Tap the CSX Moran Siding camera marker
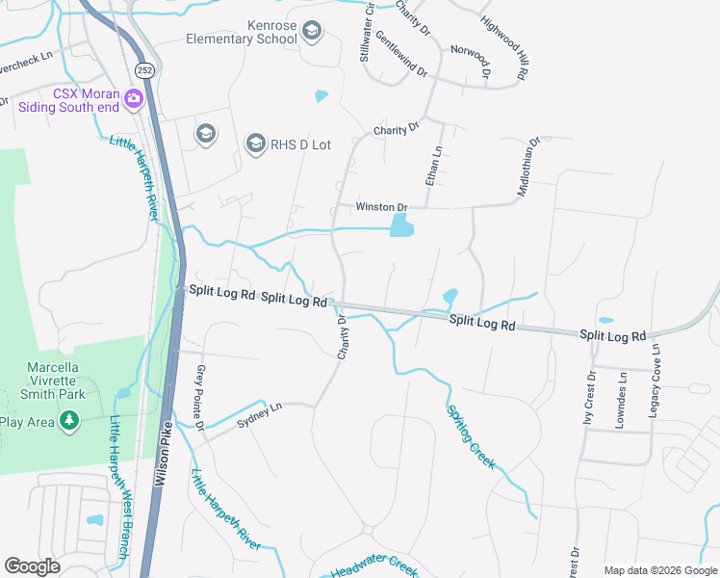point(133,97)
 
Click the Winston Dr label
point(382,207)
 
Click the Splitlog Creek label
point(471,436)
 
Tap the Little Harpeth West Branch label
point(119,487)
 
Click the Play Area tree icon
point(68,421)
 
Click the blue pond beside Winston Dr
point(401,227)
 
